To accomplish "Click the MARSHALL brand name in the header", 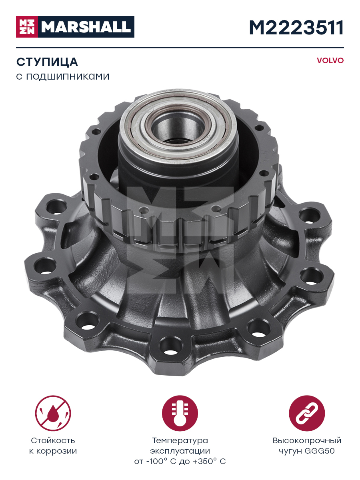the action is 86,27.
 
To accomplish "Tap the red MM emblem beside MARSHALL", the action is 27,27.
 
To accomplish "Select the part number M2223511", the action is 296,28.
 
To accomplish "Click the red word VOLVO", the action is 330,60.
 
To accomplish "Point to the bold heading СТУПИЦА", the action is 47,62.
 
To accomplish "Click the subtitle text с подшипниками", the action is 63,76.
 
